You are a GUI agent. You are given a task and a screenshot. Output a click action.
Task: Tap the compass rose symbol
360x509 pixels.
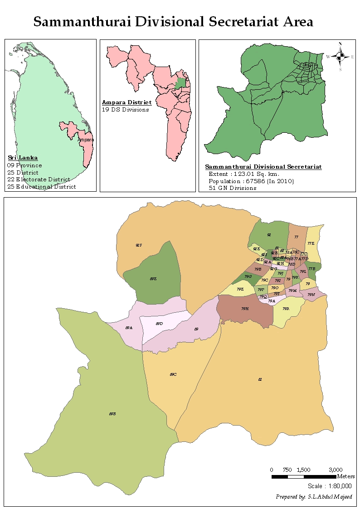(x=340, y=57)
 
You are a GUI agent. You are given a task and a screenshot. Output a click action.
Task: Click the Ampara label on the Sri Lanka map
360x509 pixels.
(x=86, y=140)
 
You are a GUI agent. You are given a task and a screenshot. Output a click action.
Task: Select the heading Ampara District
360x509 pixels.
(x=126, y=103)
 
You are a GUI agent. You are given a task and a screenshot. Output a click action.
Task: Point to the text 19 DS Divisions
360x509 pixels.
(x=125, y=110)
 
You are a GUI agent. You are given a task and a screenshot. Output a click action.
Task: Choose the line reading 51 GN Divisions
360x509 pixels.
(x=232, y=188)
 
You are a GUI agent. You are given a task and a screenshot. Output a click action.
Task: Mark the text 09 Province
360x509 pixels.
(x=24, y=165)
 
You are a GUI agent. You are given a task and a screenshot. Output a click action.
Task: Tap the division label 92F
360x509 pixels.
(x=139, y=245)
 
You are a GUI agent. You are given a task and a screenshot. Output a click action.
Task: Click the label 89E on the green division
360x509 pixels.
(x=153, y=279)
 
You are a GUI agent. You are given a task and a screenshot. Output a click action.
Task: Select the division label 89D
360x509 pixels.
(x=159, y=324)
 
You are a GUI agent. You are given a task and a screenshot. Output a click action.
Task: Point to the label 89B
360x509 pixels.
(x=112, y=414)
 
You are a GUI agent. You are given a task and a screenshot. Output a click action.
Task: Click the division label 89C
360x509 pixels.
(x=173, y=374)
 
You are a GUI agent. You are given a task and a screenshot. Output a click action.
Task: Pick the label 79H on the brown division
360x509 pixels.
(x=245, y=309)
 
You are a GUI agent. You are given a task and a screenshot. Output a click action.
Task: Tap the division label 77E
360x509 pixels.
(x=311, y=243)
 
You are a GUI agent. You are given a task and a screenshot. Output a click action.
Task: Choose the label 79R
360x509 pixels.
(x=286, y=309)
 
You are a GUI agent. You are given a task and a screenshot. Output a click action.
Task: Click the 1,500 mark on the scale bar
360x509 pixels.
(x=303, y=470)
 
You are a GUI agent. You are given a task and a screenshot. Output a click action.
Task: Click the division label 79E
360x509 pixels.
(x=240, y=289)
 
